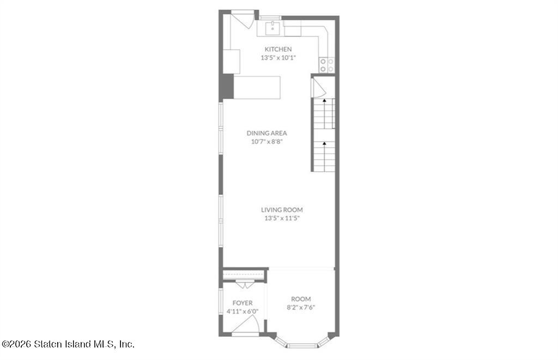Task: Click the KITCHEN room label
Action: (278, 49)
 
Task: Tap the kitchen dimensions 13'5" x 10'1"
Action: (278, 57)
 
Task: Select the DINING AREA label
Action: (266, 133)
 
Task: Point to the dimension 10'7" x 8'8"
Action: (267, 141)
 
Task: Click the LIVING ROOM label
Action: (282, 210)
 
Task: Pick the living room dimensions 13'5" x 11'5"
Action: (282, 218)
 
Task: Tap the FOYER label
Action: (242, 303)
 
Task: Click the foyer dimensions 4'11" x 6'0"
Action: (242, 312)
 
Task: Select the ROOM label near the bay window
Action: (301, 299)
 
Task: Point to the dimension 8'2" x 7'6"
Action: (301, 307)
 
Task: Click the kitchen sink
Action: (273, 28)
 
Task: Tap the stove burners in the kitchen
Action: (327, 65)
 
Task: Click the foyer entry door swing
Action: (246, 325)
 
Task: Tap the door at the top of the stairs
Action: (318, 88)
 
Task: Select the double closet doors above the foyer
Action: (245, 284)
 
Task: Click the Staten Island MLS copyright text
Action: (68, 344)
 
